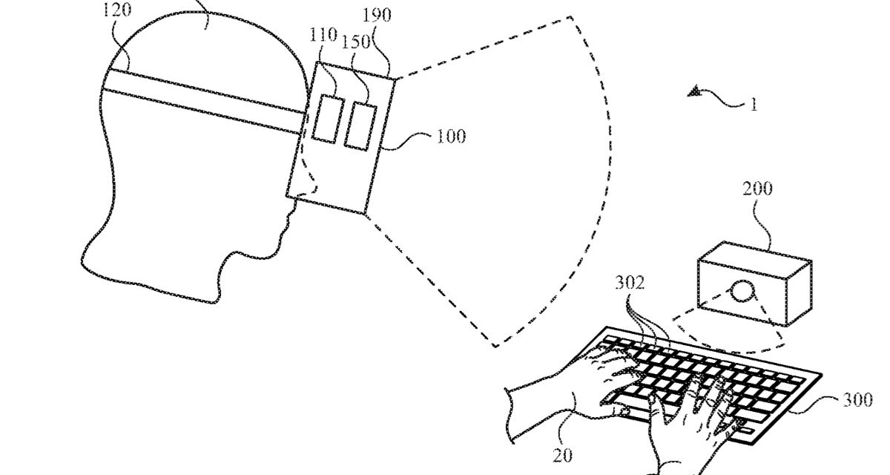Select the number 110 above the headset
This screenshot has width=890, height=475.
click(x=323, y=35)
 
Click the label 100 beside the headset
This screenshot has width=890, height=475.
click(x=450, y=137)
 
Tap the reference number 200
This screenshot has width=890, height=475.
click(x=756, y=189)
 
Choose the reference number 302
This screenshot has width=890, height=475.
click(x=629, y=283)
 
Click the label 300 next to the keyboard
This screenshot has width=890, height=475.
click(x=858, y=401)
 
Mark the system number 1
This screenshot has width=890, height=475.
click(x=754, y=104)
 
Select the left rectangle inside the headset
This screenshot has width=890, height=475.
click(x=325, y=117)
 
